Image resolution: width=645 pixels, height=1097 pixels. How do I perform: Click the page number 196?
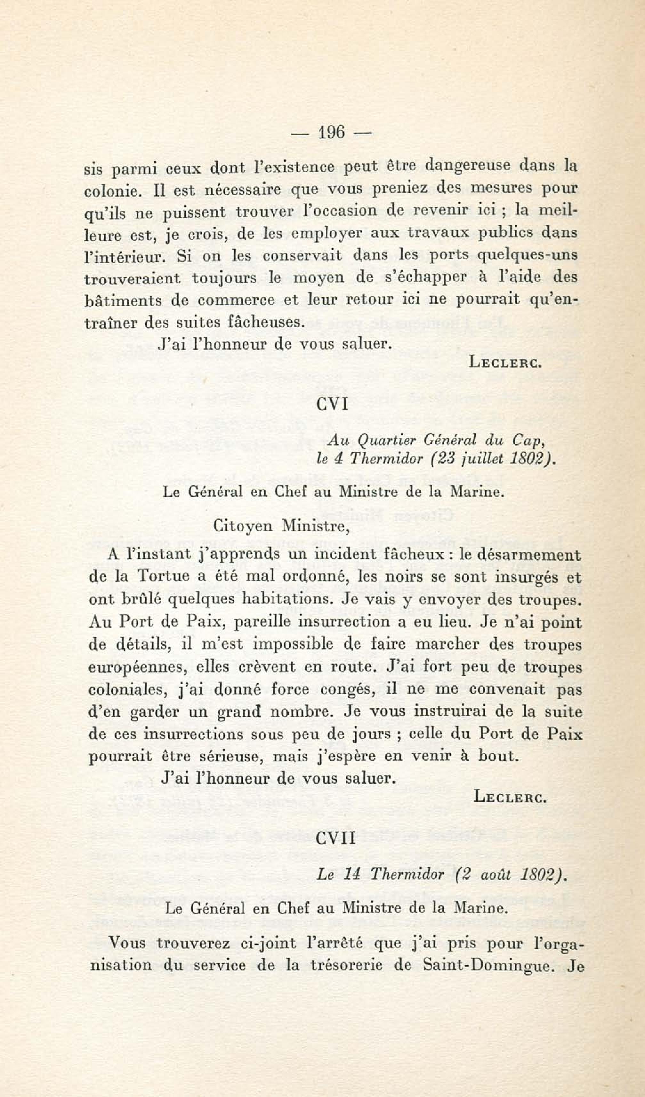pos(332,132)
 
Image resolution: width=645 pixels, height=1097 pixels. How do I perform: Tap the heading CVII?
pos(335,838)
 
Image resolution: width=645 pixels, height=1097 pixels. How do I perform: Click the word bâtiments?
pos(123,301)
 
